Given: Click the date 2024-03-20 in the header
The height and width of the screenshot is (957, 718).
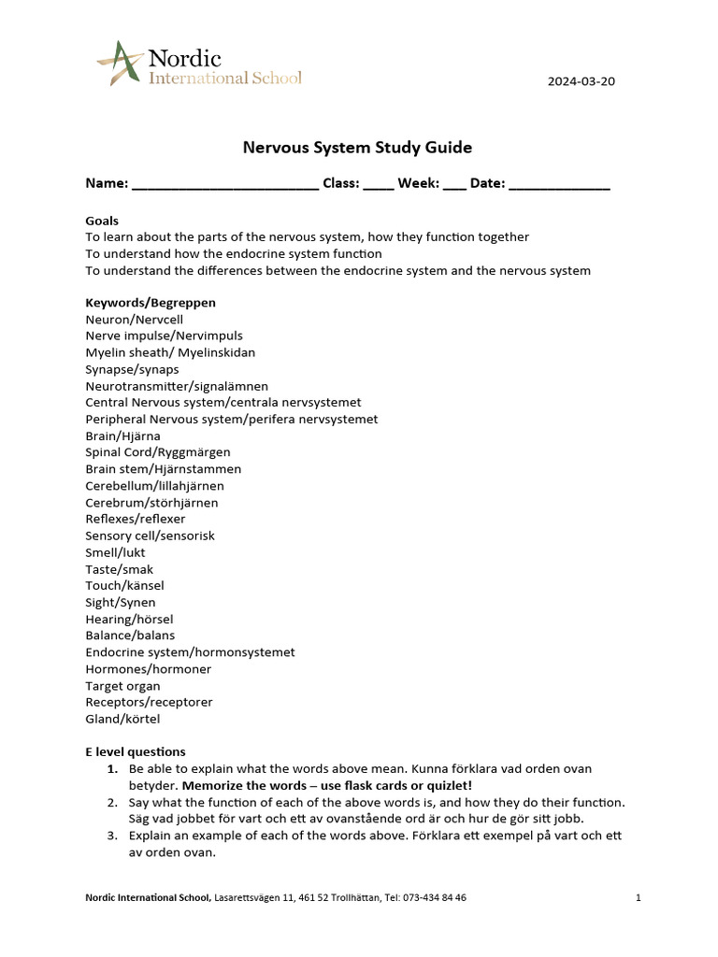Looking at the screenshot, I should point(581,80).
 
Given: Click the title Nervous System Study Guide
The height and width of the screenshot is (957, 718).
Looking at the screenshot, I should point(357,148).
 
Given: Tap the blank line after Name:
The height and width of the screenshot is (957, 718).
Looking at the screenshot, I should point(224,184).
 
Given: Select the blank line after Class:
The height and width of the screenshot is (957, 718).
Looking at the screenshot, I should point(378,184).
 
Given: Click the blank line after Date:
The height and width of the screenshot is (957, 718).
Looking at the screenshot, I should point(559,184).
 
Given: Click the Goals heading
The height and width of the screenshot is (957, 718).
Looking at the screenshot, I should point(102,221).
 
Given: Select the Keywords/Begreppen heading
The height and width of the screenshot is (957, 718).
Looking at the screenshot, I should point(151,303).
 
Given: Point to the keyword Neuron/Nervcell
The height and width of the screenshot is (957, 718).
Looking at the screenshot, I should point(134,320).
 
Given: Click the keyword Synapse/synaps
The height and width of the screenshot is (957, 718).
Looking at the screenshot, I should point(132,369).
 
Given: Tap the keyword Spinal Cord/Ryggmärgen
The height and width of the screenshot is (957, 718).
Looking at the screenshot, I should point(157,452).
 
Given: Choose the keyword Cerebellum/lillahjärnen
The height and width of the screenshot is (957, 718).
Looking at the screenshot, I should point(154,486).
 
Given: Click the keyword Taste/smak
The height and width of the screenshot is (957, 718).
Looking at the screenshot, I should point(120,569).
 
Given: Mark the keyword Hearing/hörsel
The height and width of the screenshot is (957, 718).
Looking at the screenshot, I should point(129,619).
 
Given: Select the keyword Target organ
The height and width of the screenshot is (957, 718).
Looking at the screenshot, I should point(122,686).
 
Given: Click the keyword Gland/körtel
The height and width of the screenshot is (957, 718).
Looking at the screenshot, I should point(122,719).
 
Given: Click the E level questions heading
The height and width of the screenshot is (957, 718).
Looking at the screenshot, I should point(136,751).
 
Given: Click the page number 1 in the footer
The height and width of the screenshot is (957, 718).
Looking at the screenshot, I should point(638,898).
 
